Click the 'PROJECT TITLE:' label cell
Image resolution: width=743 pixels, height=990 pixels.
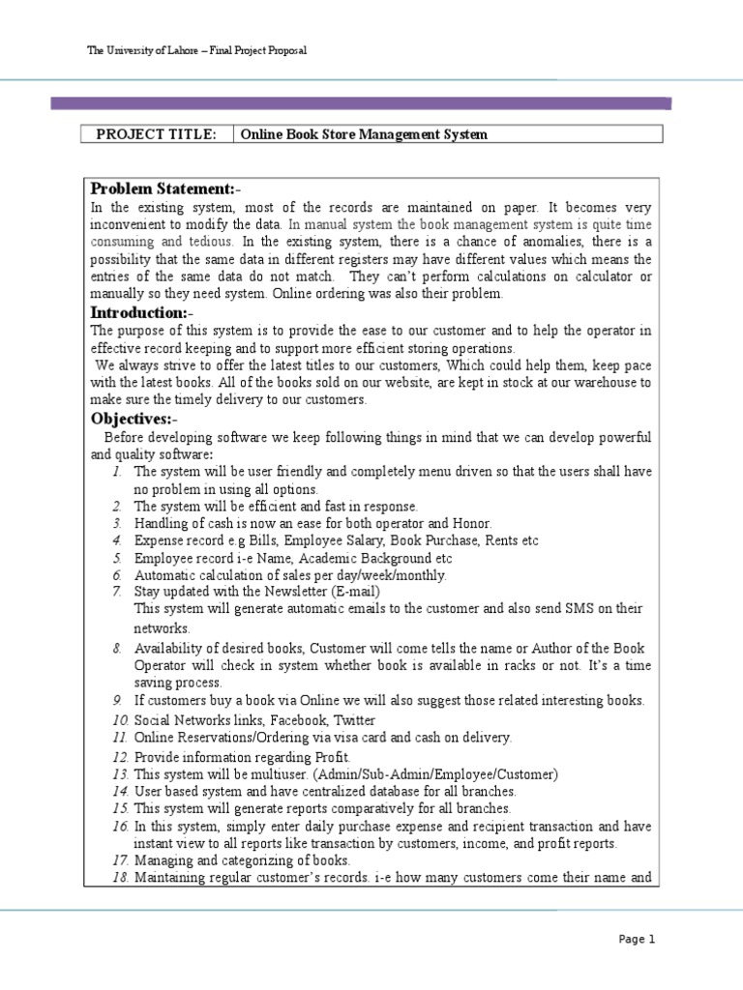pyautogui.click(x=157, y=134)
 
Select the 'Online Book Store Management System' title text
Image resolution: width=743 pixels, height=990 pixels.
pyautogui.click(x=364, y=134)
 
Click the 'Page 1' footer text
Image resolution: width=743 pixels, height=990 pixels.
pyautogui.click(x=637, y=938)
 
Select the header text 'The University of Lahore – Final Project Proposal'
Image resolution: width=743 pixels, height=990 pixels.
pyautogui.click(x=197, y=50)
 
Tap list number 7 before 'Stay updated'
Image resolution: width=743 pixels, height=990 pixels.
pyautogui.click(x=115, y=591)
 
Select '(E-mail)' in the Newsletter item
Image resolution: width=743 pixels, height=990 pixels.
pyautogui.click(x=352, y=591)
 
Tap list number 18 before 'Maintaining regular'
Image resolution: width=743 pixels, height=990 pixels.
pyautogui.click(x=119, y=877)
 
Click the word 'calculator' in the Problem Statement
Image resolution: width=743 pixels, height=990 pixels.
pyautogui.click(x=591, y=277)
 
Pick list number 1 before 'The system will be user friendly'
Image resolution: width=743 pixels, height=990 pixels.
pyautogui.click(x=115, y=471)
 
